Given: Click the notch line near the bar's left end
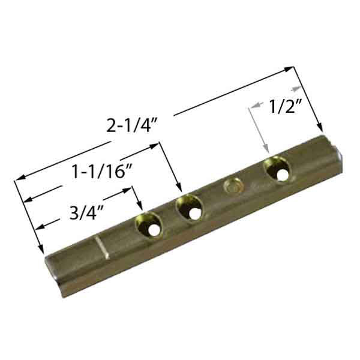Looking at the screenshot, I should coord(100,248).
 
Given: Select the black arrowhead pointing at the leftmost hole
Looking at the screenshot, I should coord(140,207).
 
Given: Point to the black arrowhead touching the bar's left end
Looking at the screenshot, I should coord(41,253).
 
